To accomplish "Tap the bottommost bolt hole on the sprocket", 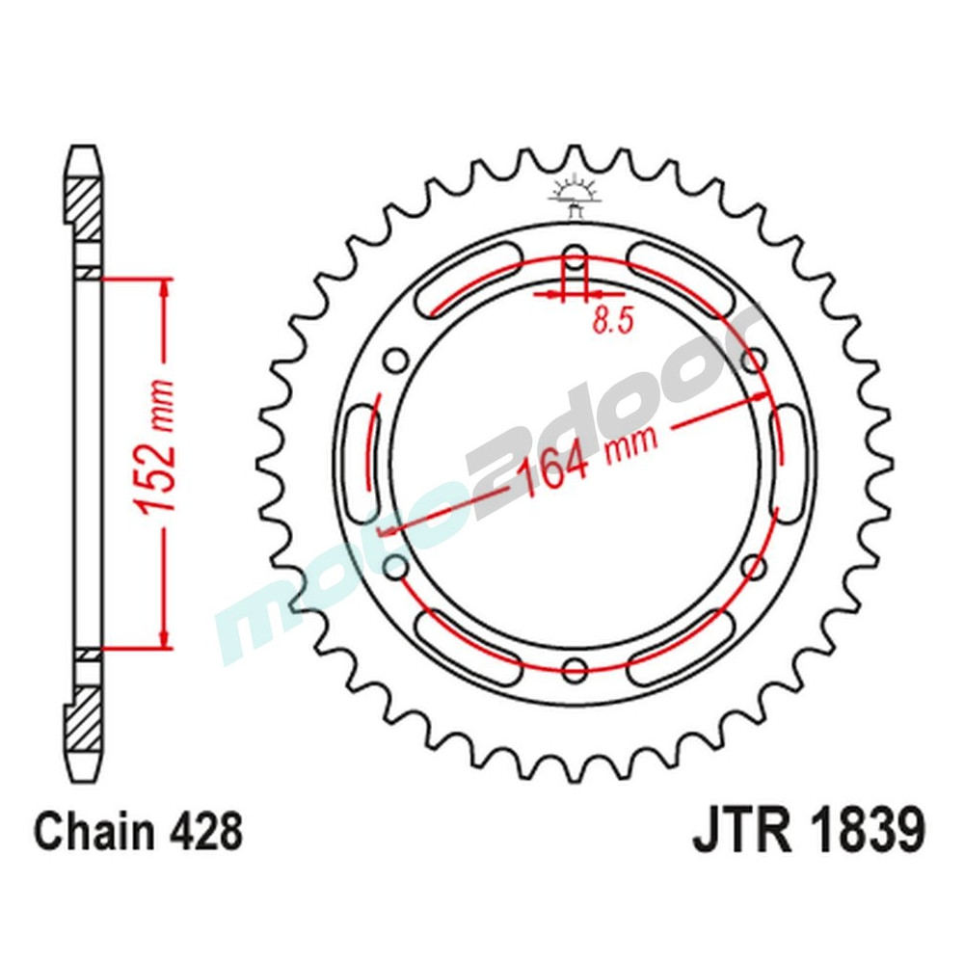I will [x=575, y=667].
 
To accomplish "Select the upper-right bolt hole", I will [x=755, y=361].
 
